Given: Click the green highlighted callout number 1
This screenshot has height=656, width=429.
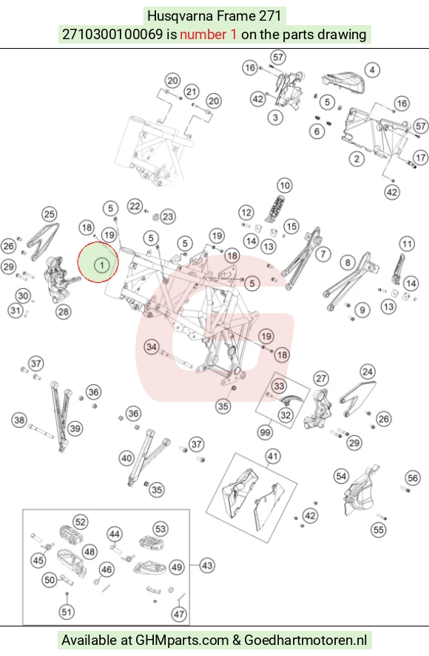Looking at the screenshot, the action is click(x=101, y=264).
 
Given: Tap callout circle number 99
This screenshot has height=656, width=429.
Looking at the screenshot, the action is click(x=266, y=432).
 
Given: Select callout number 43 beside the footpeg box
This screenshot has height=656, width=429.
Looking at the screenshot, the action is click(x=207, y=566).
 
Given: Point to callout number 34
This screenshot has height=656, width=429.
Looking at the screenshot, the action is click(x=152, y=346).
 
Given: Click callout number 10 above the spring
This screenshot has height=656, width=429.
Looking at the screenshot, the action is click(x=285, y=185).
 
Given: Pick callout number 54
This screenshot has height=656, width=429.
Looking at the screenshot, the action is click(x=341, y=476).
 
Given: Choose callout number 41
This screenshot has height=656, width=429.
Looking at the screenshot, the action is click(x=273, y=456).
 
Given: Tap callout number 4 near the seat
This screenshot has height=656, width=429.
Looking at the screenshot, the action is click(x=372, y=70).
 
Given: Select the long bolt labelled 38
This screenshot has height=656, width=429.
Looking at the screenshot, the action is click(x=41, y=431).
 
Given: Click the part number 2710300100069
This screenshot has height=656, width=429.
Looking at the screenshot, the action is click(x=112, y=34).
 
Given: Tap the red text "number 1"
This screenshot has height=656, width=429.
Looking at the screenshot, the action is click(x=209, y=34).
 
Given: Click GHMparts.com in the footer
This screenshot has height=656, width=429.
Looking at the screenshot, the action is click(x=182, y=640).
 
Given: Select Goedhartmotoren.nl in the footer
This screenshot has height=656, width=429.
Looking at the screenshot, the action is click(x=305, y=640).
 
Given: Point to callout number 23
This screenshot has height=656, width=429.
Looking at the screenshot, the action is click(x=168, y=216).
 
